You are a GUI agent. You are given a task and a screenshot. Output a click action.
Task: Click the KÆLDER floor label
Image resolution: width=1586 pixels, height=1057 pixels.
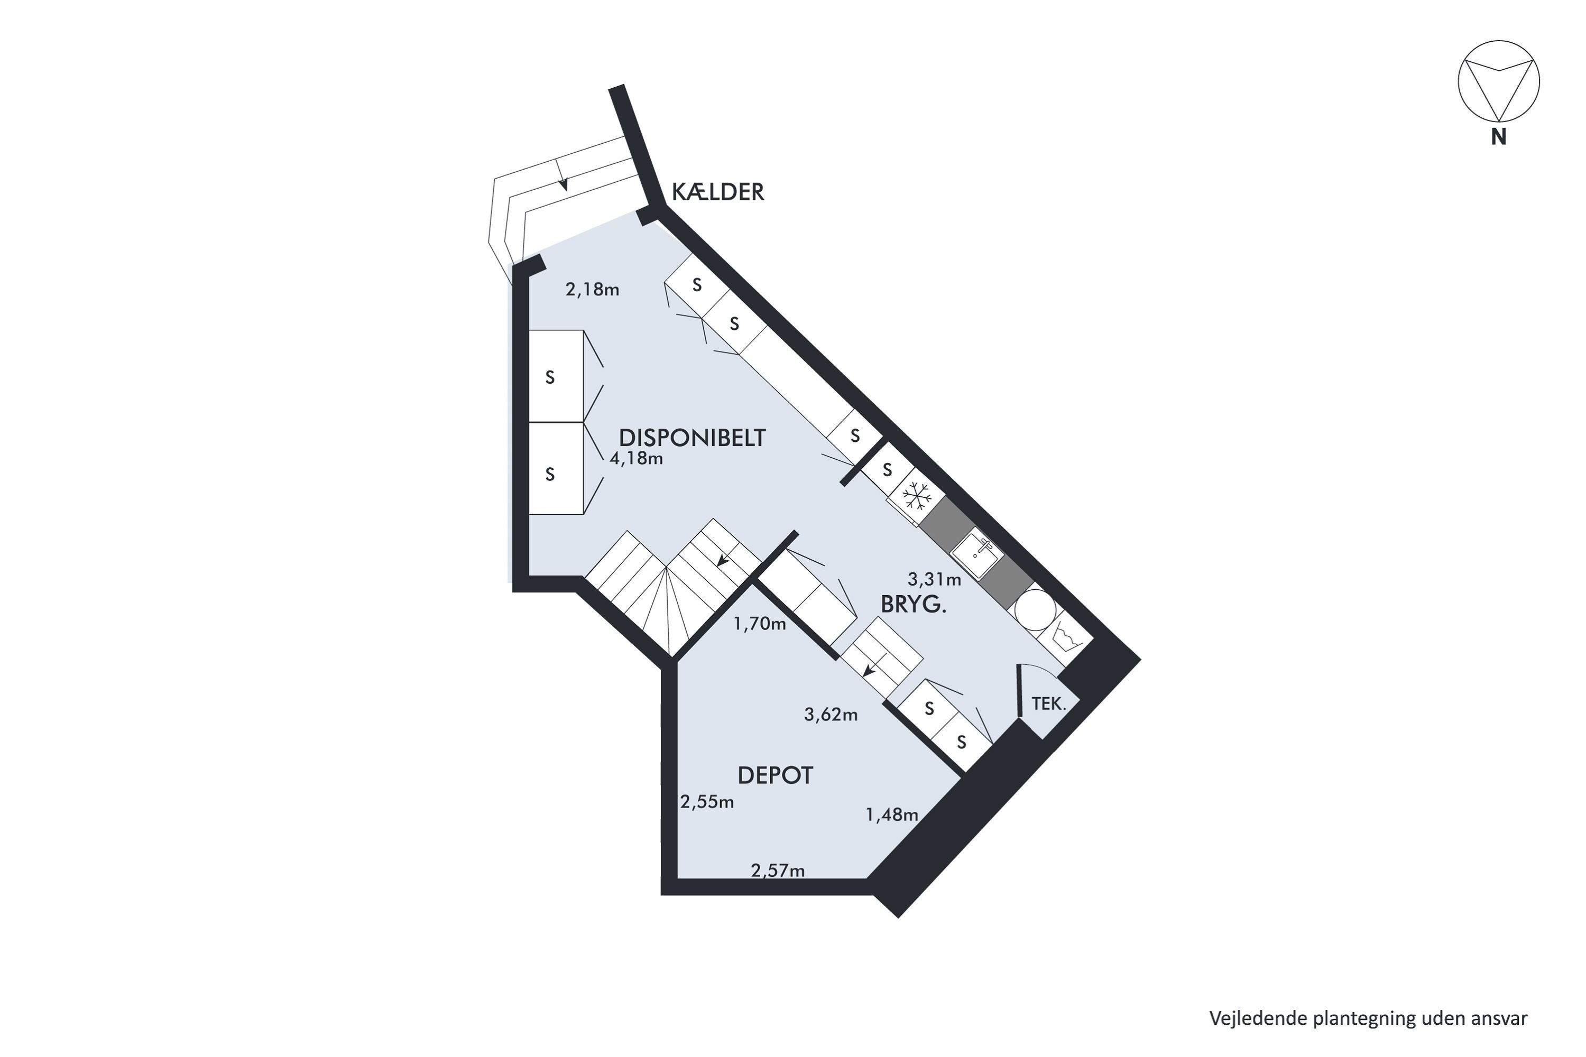717,193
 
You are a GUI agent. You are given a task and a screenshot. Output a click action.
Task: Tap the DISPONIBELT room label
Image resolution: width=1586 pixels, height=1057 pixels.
692,438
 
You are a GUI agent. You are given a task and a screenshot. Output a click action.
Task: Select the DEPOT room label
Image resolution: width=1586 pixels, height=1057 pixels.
775,776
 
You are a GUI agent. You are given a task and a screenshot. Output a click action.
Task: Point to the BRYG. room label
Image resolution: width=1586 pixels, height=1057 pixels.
913,605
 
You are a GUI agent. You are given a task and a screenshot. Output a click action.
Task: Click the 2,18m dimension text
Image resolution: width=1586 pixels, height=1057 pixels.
592,290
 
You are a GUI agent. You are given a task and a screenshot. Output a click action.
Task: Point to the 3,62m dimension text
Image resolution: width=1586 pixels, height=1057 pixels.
831,715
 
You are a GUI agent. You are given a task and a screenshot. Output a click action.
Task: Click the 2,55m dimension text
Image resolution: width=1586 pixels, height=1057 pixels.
707,802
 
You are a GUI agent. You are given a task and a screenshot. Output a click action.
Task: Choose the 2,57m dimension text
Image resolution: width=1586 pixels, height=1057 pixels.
778,871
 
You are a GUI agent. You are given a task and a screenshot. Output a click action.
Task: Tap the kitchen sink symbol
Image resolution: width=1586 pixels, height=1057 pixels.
977,553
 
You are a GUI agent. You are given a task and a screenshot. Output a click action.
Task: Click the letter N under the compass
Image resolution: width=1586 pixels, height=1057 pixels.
1498,137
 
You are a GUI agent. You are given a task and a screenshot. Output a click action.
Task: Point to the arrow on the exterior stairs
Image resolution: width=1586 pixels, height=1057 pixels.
563,183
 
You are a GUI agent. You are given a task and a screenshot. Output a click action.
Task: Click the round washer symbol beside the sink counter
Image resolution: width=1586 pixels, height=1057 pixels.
1035,609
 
